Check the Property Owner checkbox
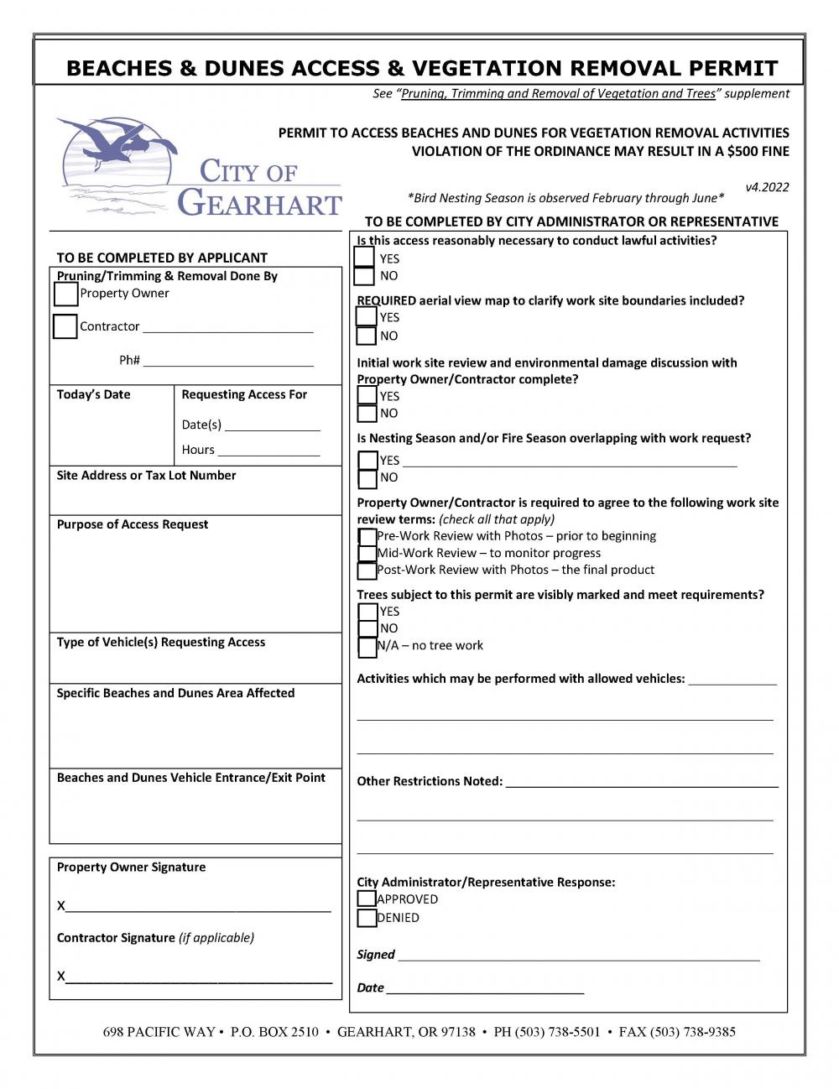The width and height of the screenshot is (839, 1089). [65, 294]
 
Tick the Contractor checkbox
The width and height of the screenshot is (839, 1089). [65, 326]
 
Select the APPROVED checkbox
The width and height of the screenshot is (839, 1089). [367, 899]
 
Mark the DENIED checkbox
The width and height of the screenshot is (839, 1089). [367, 918]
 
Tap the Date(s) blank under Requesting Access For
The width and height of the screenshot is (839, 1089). [273, 425]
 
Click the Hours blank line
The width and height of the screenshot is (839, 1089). [268, 451]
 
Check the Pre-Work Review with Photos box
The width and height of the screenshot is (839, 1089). [367, 536]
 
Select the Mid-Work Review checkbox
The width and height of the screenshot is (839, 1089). [367, 554]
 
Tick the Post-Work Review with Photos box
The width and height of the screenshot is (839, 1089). [367, 571]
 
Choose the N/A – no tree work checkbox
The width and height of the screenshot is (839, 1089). [367, 647]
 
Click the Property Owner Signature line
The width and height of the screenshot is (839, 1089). [198, 906]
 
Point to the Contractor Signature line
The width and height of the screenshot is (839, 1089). [198, 977]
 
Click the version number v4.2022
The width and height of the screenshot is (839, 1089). [767, 187]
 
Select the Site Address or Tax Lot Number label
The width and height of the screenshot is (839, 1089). [146, 476]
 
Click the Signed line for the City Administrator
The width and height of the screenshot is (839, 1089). [579, 955]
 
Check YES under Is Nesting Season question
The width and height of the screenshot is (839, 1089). [367, 461]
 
